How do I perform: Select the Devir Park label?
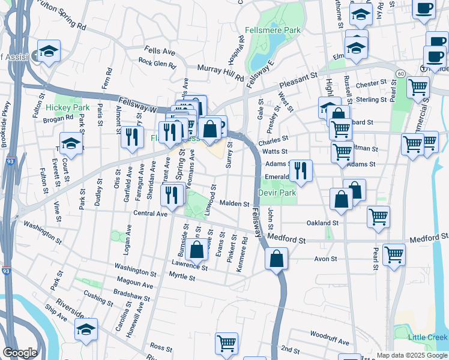pyautogui.click(x=277, y=193)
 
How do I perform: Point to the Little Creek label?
pyautogui.click(x=427, y=337)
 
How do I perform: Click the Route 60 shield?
pyautogui.click(x=400, y=73)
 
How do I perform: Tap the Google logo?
pyautogui.click(x=20, y=353)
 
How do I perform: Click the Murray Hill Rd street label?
pyautogui.click(x=220, y=74)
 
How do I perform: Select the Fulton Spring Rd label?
pyautogui.click(x=61, y=16)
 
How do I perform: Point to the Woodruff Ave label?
pyautogui.click(x=330, y=337)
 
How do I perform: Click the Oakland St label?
pyautogui.click(x=323, y=223)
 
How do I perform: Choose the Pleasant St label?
pyautogui.click(x=297, y=81)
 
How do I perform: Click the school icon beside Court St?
pyautogui.click(x=71, y=143)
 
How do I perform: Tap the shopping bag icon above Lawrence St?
pyautogui.click(x=197, y=251)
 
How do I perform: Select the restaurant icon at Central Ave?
pyautogui.click(x=172, y=194)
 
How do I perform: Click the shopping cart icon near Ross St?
pyautogui.click(x=226, y=343)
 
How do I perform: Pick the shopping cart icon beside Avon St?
pyautogui.click(x=394, y=254)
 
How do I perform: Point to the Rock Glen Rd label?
pyautogui.click(x=157, y=62)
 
